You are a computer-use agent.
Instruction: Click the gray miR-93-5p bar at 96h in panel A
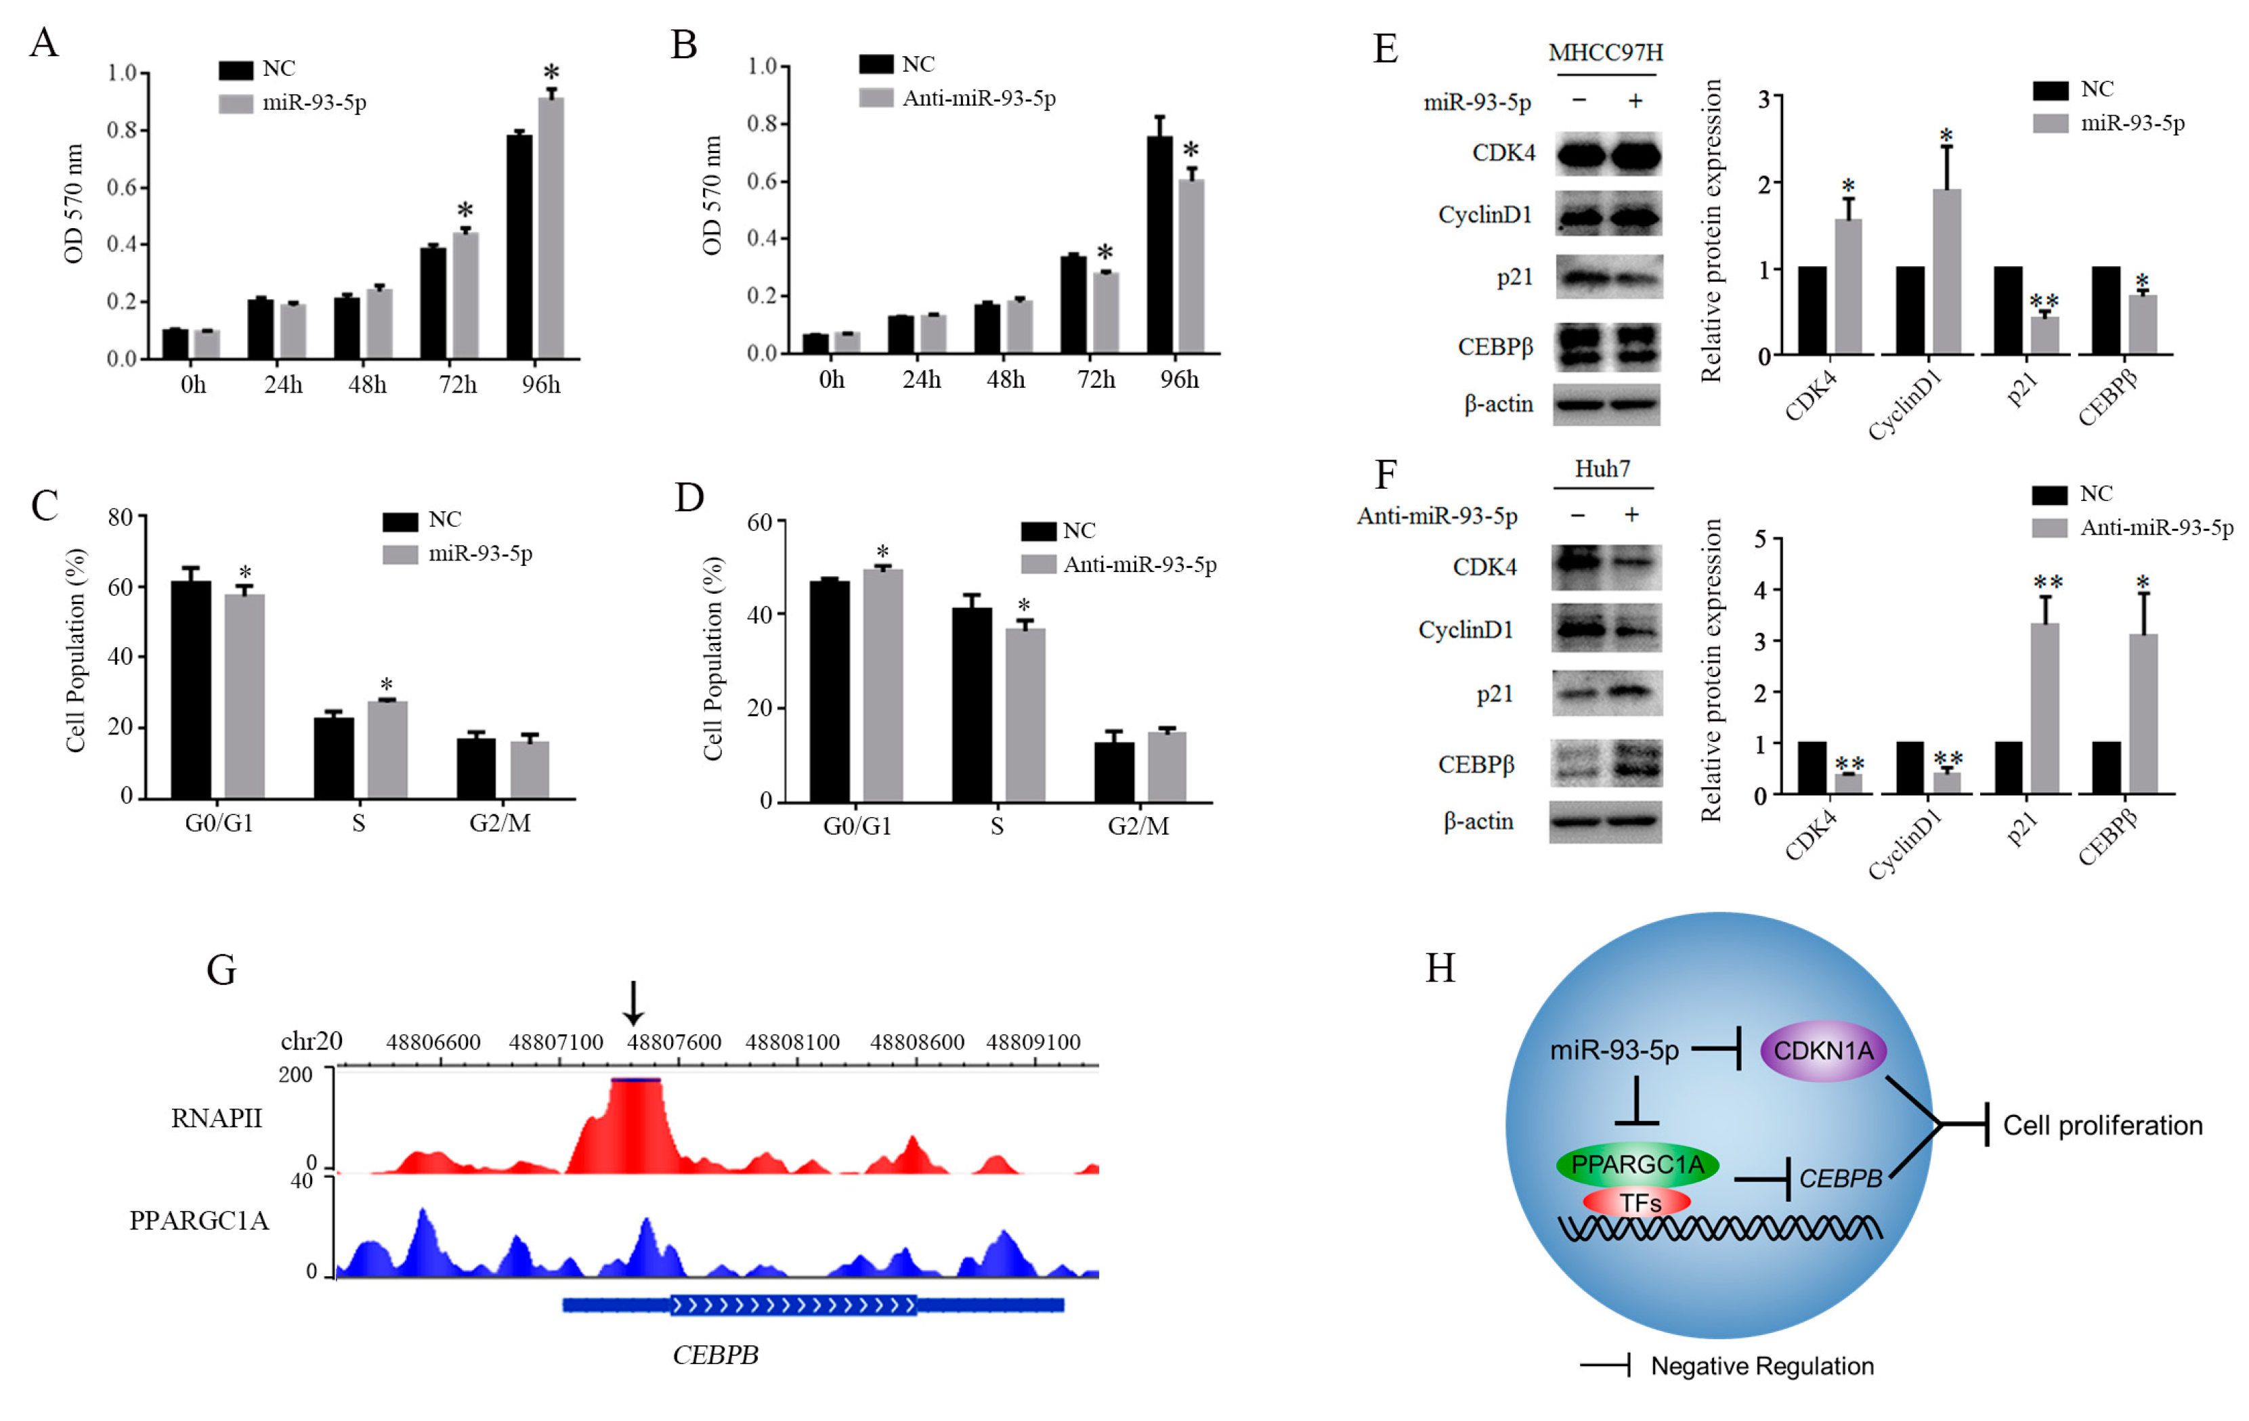(x=551, y=229)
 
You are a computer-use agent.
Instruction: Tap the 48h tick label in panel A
(x=367, y=385)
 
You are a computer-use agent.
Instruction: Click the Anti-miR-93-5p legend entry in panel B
(x=977, y=98)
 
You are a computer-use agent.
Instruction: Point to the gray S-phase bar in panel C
(x=387, y=749)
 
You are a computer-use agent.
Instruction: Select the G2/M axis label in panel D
(x=1138, y=827)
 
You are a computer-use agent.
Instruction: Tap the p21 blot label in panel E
(x=1515, y=278)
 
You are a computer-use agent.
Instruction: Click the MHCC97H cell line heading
(x=1606, y=52)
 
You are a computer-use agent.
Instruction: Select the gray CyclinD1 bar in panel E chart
(x=1946, y=271)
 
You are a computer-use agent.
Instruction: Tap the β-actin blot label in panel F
(x=1478, y=822)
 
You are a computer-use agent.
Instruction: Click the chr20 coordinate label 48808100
(x=792, y=1042)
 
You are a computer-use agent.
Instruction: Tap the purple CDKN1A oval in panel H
(x=1823, y=1050)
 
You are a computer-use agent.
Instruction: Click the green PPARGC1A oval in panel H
(x=1637, y=1164)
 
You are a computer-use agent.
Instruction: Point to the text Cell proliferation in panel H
(x=2102, y=1125)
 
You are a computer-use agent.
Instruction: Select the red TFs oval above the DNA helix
(x=1638, y=1202)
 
